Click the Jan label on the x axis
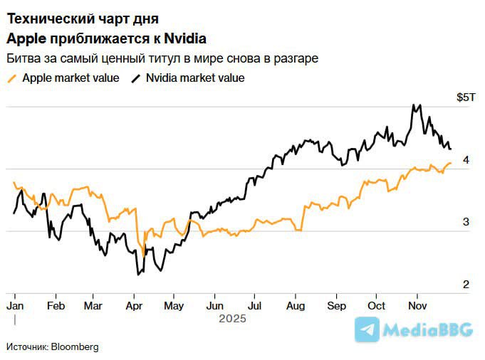point(14,305)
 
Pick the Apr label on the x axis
point(133,305)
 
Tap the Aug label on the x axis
point(295,305)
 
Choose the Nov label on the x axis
point(418,305)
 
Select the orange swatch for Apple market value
point(11,78)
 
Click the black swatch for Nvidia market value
point(135,78)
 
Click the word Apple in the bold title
point(26,38)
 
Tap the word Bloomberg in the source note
point(74,346)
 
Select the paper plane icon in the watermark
point(367,329)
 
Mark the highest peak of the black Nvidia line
point(413,105)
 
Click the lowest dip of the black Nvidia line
point(137,275)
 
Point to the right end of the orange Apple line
point(451,163)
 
